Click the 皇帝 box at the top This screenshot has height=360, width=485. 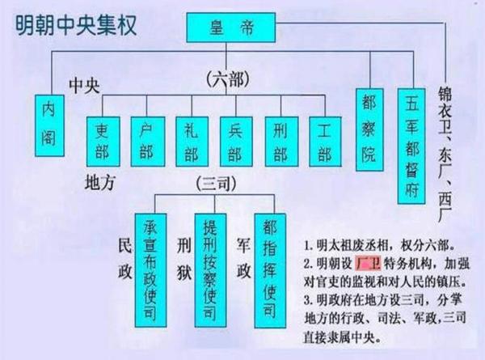tap(230, 28)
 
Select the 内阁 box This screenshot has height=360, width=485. tap(49, 125)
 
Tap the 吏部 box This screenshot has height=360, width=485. tap(103, 142)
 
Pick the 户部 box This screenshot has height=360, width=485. tap(148, 142)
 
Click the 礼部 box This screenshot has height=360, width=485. tap(192, 142)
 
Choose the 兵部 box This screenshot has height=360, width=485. tap(236, 142)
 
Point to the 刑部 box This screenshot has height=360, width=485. tap(281, 142)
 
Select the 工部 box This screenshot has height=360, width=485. tap(325, 142)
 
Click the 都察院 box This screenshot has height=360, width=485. tap(369, 129)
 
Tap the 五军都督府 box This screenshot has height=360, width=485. tap(411, 146)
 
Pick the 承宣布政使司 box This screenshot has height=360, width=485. tap(150, 270)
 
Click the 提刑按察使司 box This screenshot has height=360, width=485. tap(210, 270)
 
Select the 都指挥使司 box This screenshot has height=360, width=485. tap(270, 271)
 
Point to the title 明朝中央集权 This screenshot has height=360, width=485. tap(76, 25)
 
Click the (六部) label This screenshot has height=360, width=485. tap(228, 80)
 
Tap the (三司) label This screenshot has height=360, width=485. tap(216, 184)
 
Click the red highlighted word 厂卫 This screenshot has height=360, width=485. tap(368, 264)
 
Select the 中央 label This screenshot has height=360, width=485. tap(84, 86)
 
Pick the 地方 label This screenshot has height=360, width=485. tap(99, 182)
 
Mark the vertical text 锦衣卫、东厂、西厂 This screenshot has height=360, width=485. tap(445, 154)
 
